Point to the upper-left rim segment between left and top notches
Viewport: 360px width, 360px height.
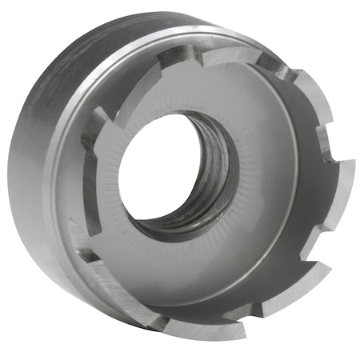tap(128, 76)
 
